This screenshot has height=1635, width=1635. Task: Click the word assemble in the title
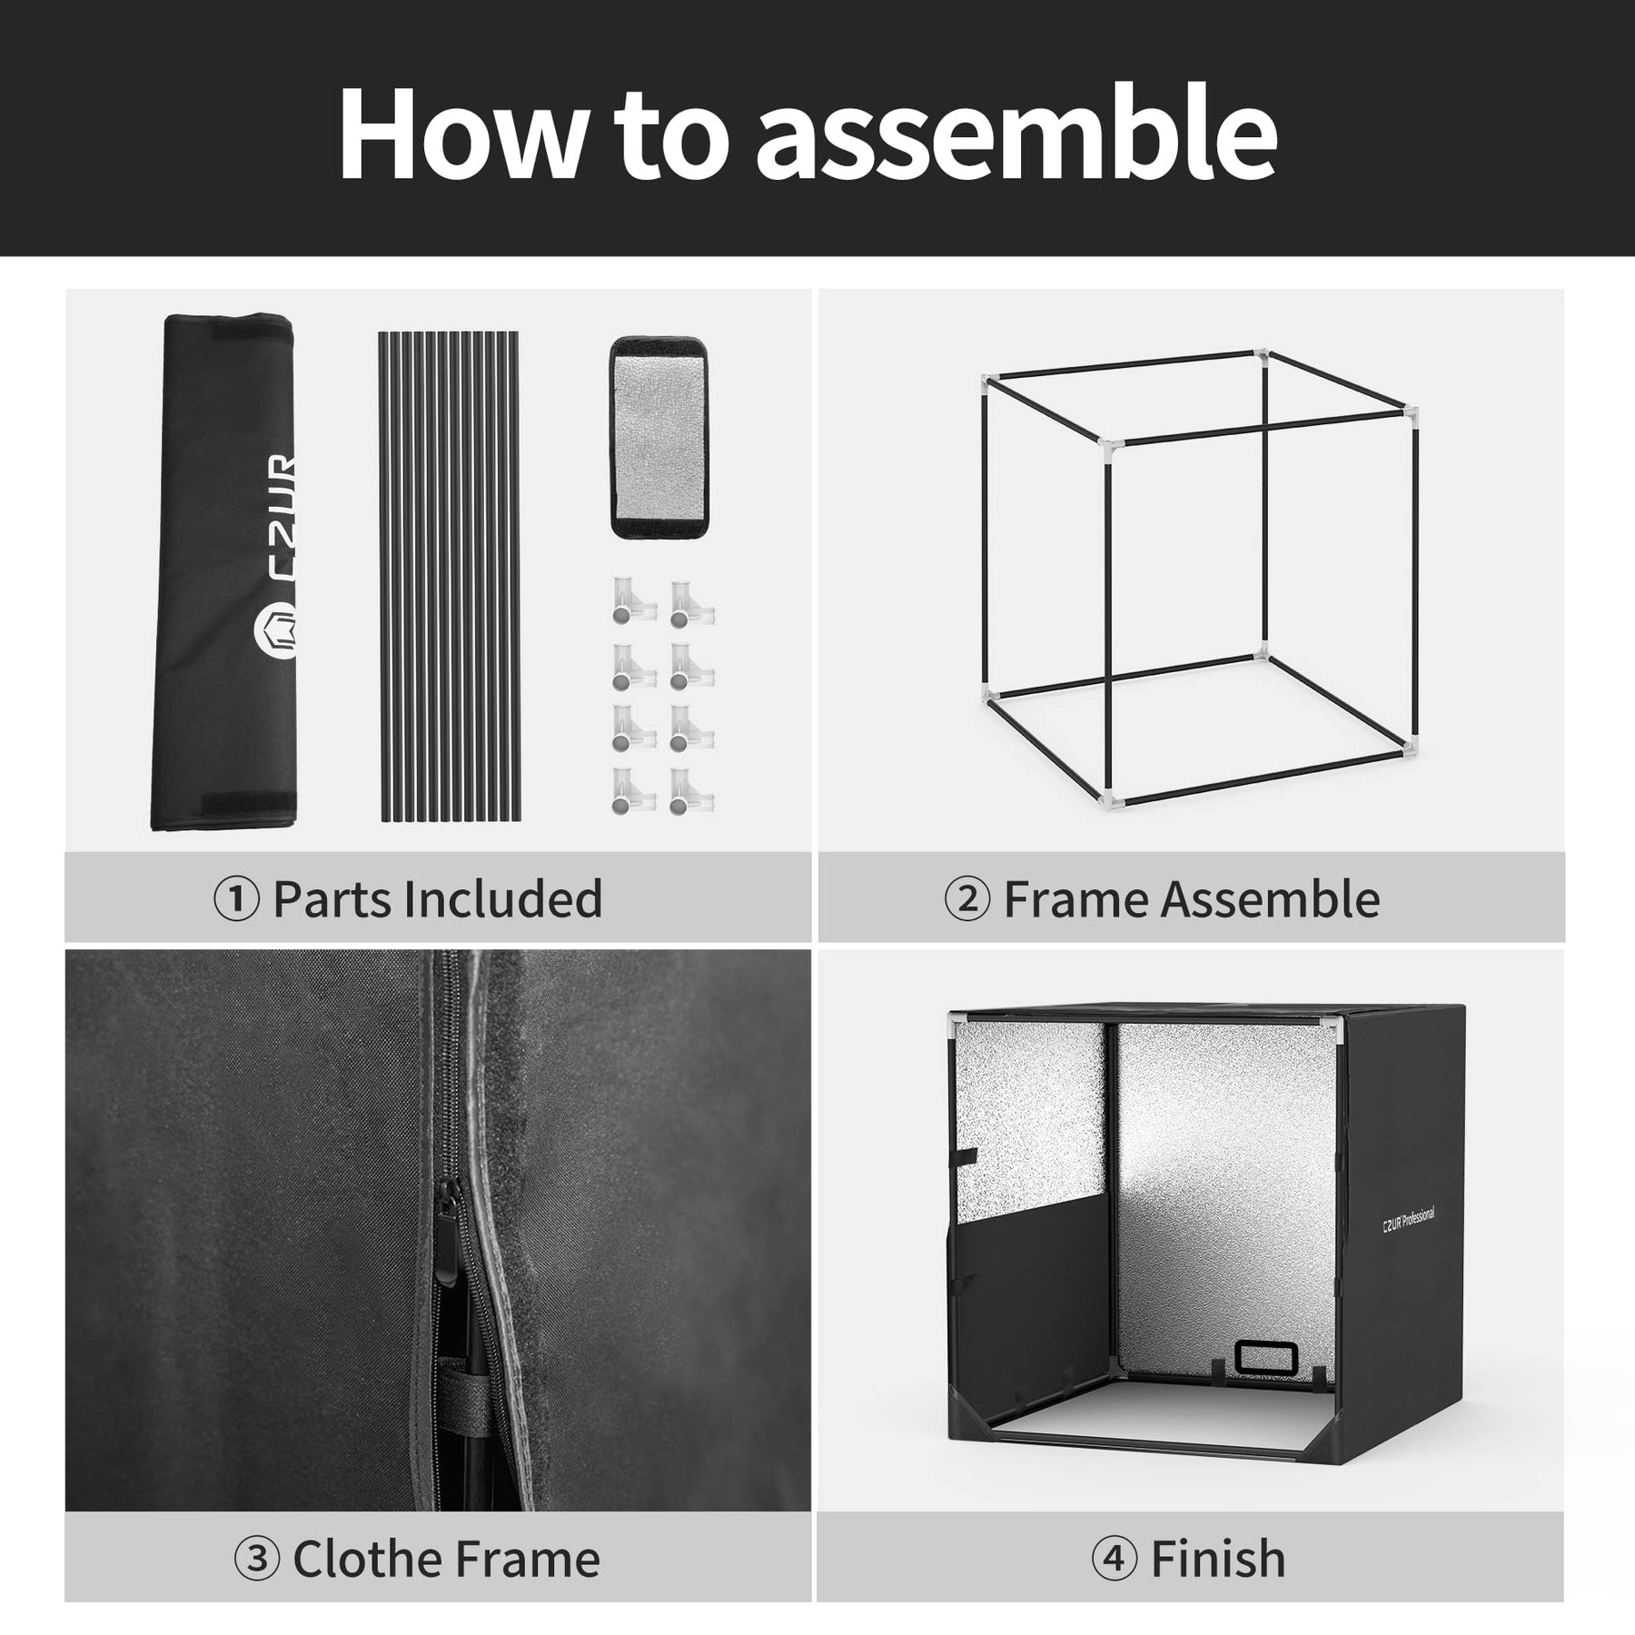(x=1016, y=134)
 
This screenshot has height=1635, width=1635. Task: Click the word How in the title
(x=463, y=134)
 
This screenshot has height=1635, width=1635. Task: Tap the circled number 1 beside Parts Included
(x=236, y=900)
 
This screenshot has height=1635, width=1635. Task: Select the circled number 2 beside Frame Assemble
(x=967, y=900)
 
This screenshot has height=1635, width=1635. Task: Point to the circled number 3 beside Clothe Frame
(x=257, y=1560)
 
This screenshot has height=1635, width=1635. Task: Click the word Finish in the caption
(x=1218, y=1560)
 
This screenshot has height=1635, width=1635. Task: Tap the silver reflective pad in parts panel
(x=659, y=439)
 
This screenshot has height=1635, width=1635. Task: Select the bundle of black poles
(x=449, y=577)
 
